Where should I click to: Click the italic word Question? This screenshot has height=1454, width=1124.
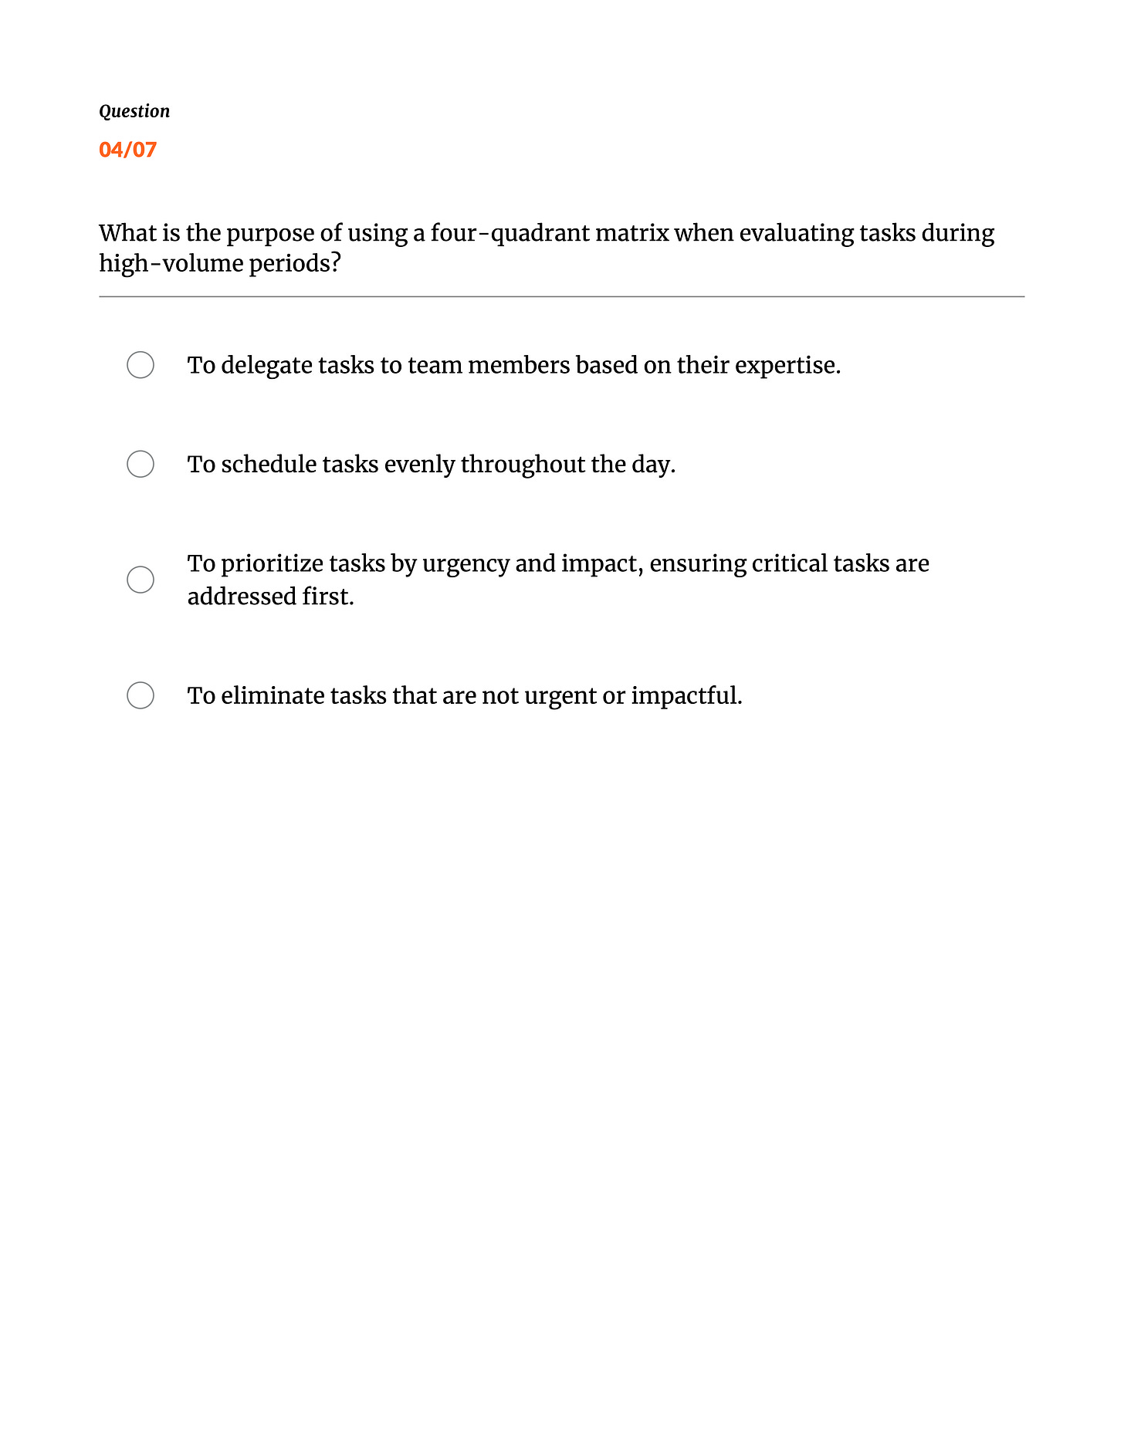click(x=134, y=111)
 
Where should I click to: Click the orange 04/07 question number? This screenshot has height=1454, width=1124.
click(x=128, y=150)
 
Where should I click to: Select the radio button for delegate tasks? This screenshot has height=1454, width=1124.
click(x=140, y=365)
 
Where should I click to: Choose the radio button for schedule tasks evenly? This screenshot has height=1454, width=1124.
click(x=140, y=464)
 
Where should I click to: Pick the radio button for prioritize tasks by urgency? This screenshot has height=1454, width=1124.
click(x=140, y=580)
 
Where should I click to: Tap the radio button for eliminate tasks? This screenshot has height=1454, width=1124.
click(x=140, y=695)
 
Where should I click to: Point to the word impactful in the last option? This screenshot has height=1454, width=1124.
click(x=685, y=695)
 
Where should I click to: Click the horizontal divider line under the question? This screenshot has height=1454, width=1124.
click(x=561, y=296)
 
